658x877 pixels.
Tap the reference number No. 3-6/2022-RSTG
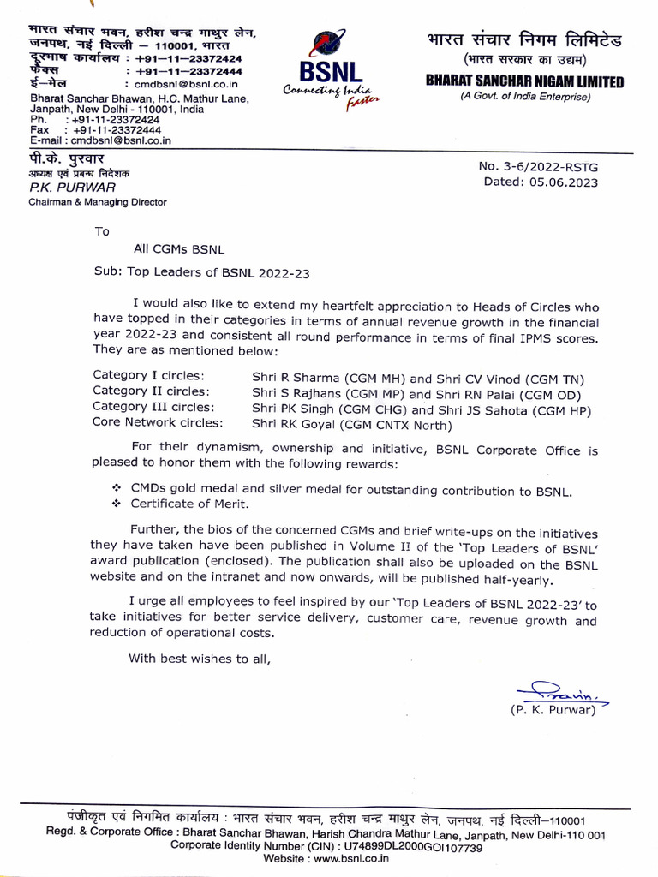point(538,166)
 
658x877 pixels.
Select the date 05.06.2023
point(565,182)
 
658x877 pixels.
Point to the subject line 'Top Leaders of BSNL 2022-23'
point(218,273)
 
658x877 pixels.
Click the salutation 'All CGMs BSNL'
point(178,249)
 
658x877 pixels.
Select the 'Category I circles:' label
point(148,375)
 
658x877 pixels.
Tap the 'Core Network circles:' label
point(158,423)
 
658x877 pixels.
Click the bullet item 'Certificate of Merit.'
point(184,505)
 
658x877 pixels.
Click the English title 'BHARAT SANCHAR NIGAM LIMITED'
point(525,82)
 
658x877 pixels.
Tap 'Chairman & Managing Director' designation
point(98,202)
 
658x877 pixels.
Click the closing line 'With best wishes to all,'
point(199,659)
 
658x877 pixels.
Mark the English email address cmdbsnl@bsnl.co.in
point(115,140)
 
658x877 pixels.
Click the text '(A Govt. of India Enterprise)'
point(525,97)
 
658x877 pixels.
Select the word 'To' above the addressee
point(103,230)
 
